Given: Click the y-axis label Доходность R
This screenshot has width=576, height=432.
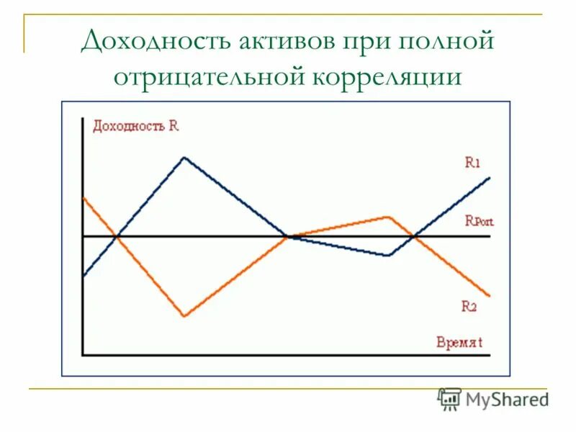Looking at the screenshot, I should pos(135,125).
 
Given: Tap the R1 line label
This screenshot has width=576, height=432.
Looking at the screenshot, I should pos(472,163).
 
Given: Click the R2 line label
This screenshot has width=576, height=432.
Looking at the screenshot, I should pos(469,306).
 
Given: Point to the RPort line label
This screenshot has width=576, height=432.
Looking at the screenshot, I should pos(479,221).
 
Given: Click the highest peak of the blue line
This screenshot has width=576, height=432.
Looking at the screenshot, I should pos(185,157).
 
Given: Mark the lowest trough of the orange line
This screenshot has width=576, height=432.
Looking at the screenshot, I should pos(185,316).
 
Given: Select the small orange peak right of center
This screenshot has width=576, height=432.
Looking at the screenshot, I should pos(388,216).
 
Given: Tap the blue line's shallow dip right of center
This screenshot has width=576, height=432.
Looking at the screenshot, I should pos(388,256).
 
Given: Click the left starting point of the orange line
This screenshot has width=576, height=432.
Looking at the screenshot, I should pos(84,197).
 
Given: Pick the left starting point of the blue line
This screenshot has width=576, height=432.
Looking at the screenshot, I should pos(84,276).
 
